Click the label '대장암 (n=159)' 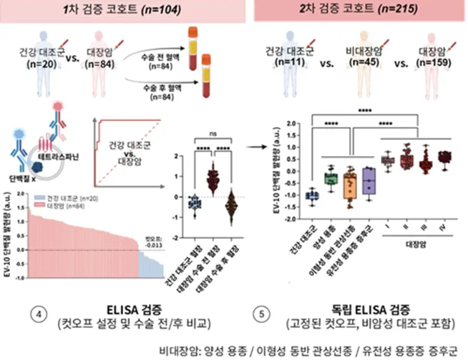click(433, 58)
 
